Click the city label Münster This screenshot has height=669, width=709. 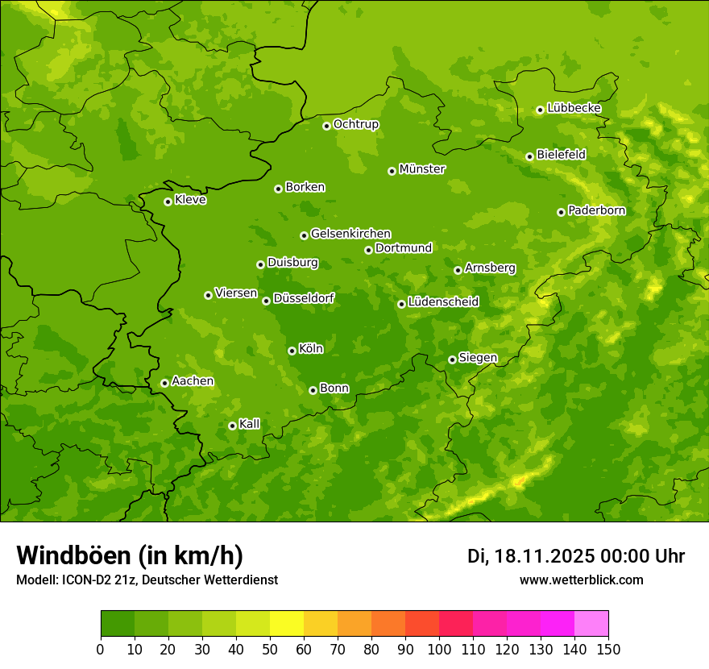(x=422, y=169)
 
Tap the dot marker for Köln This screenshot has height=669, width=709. (x=292, y=351)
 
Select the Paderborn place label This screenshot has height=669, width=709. (x=596, y=210)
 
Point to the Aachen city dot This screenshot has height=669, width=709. (x=164, y=383)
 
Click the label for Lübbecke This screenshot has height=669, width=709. (x=574, y=108)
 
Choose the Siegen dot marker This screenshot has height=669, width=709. (x=452, y=359)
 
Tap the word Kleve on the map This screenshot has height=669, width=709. (x=190, y=200)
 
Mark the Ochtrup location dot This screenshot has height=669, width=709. (x=326, y=125)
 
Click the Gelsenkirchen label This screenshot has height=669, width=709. (x=350, y=234)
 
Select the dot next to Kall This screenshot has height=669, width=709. (x=232, y=426)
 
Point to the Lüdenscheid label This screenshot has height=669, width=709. (x=443, y=302)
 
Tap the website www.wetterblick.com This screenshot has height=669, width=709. (x=581, y=580)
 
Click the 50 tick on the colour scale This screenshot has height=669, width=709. (x=270, y=648)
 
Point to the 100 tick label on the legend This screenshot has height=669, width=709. (x=439, y=648)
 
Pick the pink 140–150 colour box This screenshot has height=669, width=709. (x=591, y=624)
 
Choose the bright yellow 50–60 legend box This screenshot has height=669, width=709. (x=287, y=624)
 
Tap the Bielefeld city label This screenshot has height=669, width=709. (x=561, y=154)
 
